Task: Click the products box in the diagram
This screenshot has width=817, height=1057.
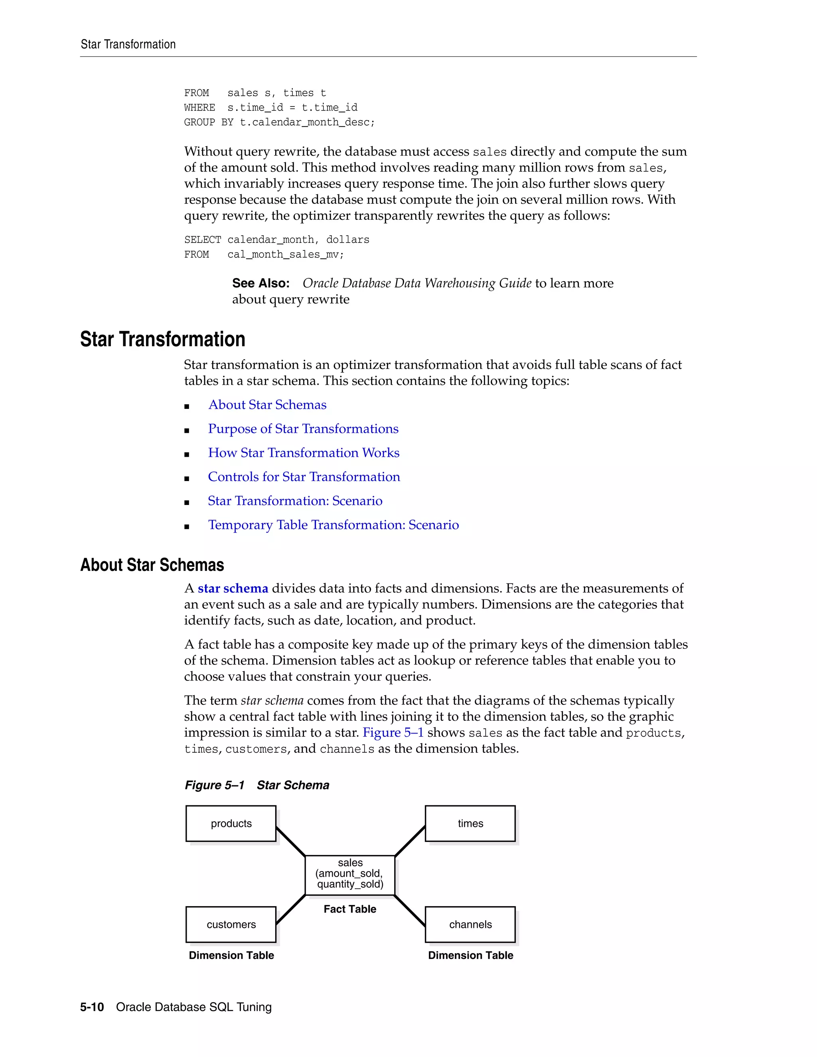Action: [x=231, y=823]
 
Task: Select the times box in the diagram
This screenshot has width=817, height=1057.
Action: [x=470, y=823]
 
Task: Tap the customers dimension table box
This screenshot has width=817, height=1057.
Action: [x=231, y=925]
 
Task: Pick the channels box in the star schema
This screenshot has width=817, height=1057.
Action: [x=470, y=925]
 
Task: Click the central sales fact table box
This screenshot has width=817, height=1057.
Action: [x=350, y=875]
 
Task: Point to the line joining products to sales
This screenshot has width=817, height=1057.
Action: [x=290, y=842]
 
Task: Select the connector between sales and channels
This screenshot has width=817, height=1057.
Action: [x=410, y=911]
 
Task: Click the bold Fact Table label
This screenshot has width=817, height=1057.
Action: [x=350, y=909]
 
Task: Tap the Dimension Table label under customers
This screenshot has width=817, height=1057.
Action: [x=231, y=955]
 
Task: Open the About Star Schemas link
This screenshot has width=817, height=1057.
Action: [x=267, y=404]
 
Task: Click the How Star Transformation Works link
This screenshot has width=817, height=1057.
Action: [x=304, y=453]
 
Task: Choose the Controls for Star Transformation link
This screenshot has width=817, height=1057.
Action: [x=304, y=477]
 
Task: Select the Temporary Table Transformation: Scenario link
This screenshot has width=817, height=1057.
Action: [x=334, y=525]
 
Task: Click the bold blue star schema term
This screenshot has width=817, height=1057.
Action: [x=233, y=588]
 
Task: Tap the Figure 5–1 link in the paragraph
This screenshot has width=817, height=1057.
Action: [x=393, y=732]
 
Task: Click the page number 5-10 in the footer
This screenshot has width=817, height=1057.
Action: [x=92, y=1007]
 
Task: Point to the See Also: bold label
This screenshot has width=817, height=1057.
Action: [x=261, y=283]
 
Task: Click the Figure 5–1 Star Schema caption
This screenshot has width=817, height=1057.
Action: [x=257, y=785]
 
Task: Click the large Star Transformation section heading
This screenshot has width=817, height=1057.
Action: [x=163, y=339]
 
